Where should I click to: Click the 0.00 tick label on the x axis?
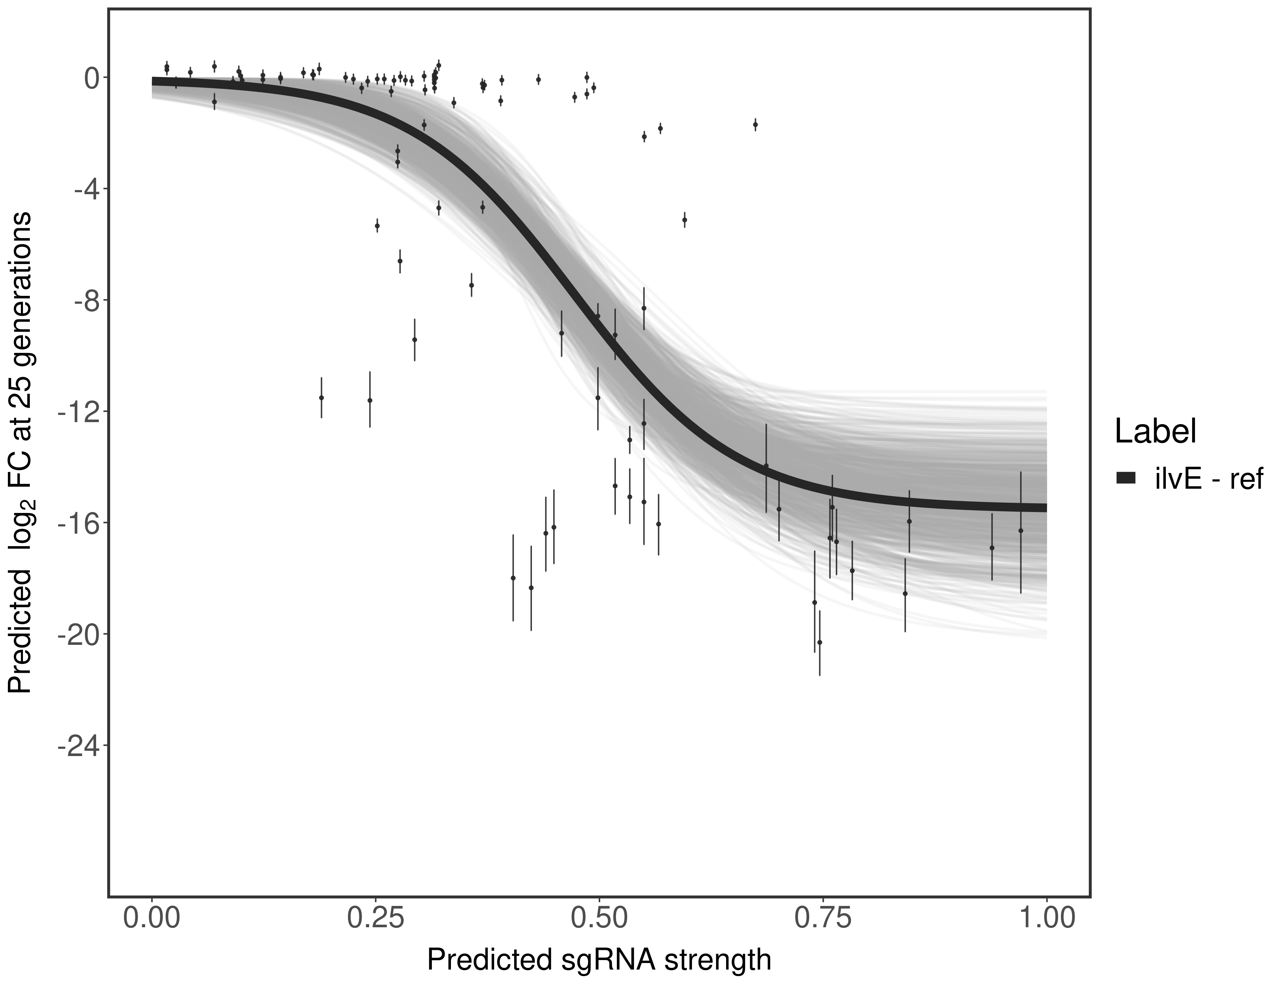[x=152, y=918]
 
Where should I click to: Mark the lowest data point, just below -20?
[x=819, y=643]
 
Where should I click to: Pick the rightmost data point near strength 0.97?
[x=1021, y=531]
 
